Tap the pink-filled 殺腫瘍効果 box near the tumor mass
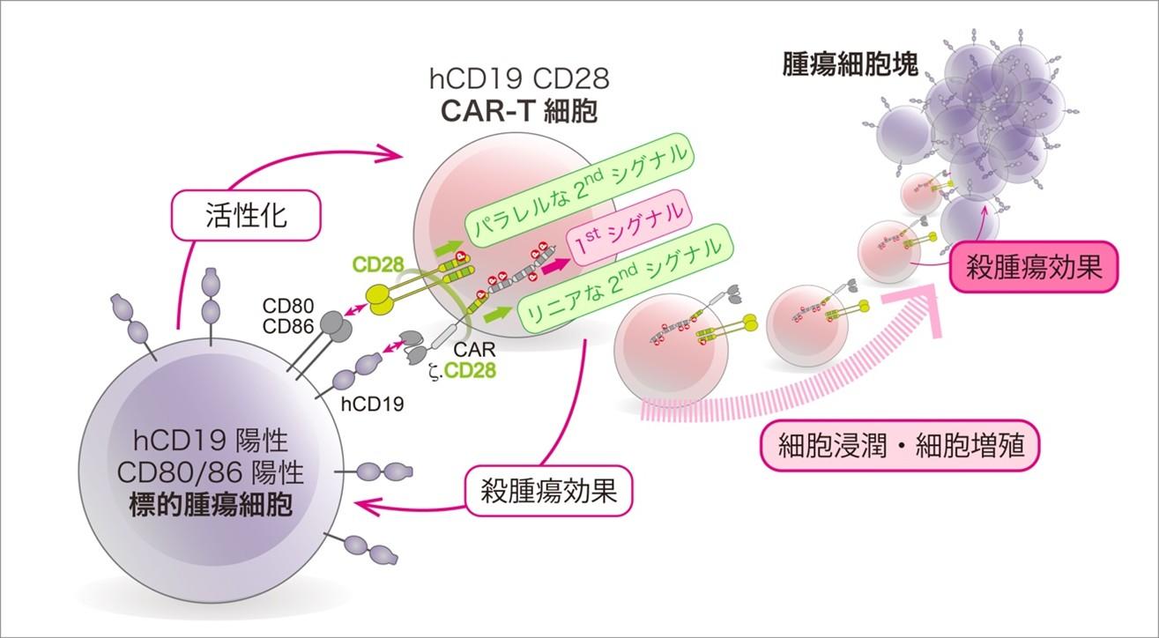tap(1032, 267)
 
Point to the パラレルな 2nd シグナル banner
tap(577, 185)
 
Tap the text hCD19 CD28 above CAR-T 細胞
tap(519, 81)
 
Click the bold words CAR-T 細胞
tap(519, 113)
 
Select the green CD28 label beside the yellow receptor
tap(379, 265)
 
